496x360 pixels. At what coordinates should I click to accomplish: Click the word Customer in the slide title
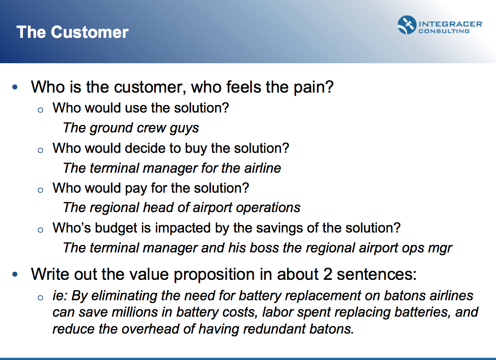(x=90, y=32)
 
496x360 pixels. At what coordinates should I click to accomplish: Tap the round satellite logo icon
(x=407, y=25)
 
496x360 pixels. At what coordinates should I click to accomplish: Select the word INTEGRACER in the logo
(x=450, y=24)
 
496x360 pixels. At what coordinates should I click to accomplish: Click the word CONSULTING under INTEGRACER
(x=444, y=31)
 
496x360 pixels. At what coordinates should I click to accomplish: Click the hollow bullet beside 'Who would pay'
(x=40, y=190)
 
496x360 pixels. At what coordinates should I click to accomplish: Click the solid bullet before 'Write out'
(x=15, y=274)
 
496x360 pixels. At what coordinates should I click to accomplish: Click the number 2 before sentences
(x=328, y=274)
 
